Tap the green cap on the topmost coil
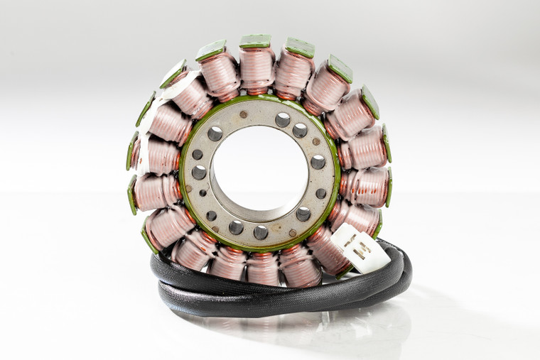[255, 41]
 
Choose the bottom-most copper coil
[263, 268]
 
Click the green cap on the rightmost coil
[389, 187]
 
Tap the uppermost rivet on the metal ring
[244, 114]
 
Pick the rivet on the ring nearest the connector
[292, 232]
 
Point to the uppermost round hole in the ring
[283, 119]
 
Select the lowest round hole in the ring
[261, 232]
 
